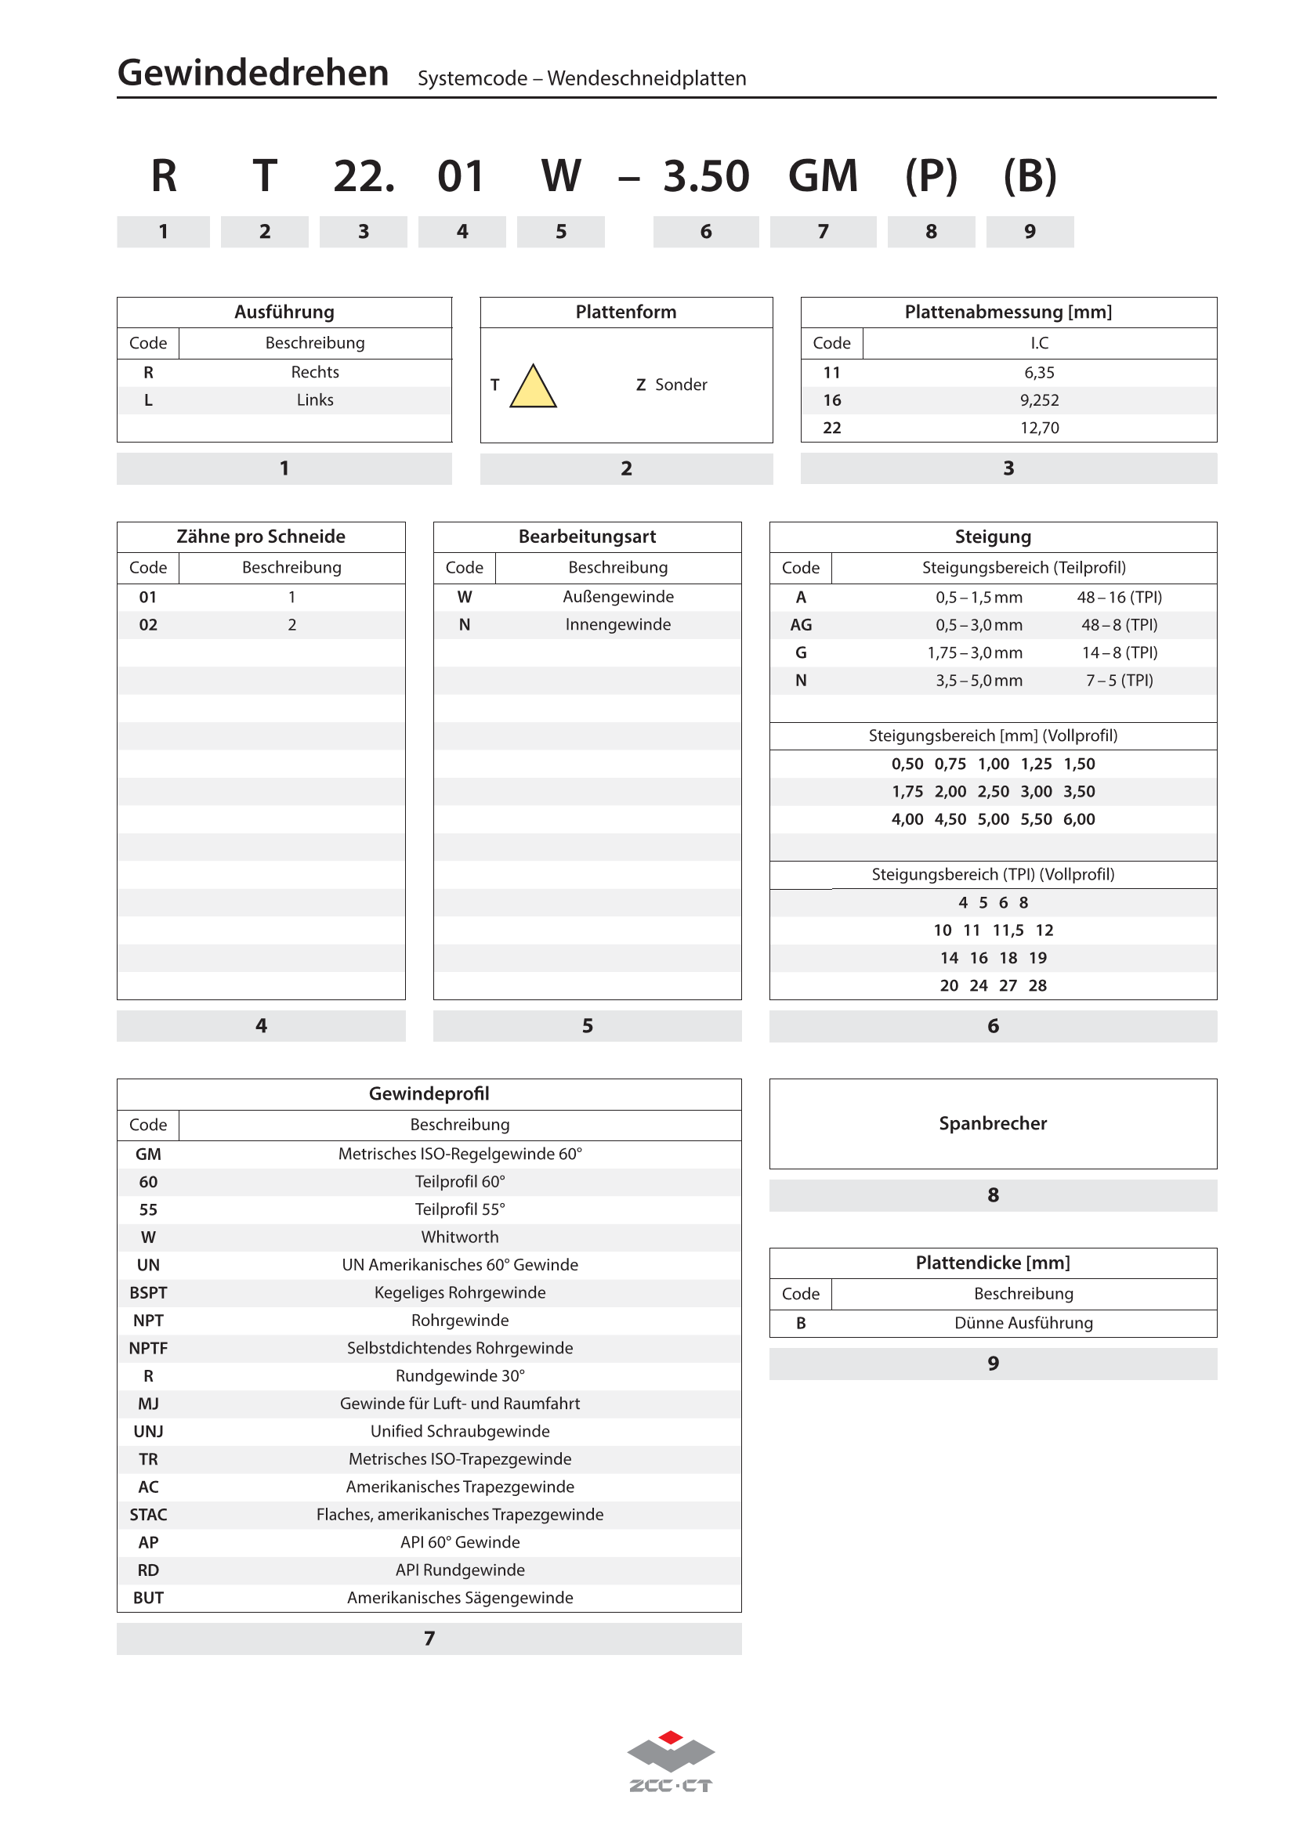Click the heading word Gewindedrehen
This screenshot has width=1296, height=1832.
(253, 74)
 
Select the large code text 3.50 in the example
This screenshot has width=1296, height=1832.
(705, 176)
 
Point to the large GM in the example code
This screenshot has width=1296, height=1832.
(823, 176)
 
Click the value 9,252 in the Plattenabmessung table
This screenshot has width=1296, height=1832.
(1039, 400)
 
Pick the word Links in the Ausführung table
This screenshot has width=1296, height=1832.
(315, 400)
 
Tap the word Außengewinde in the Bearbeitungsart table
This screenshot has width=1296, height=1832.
(617, 597)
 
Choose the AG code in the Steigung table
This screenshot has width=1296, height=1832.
(801, 625)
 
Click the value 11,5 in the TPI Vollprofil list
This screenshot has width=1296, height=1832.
(1008, 930)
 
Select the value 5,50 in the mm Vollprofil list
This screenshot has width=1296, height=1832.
(1036, 819)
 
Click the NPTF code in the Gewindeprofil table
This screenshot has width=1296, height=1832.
(148, 1349)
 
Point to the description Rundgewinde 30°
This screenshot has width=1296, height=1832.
(460, 1376)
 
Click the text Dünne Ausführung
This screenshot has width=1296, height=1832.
(1023, 1323)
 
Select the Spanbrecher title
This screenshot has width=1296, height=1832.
(993, 1123)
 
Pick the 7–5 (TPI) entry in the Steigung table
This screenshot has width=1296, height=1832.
(1119, 681)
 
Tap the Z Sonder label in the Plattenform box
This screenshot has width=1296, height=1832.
(672, 385)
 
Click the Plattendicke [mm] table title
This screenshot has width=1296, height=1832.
(993, 1263)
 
